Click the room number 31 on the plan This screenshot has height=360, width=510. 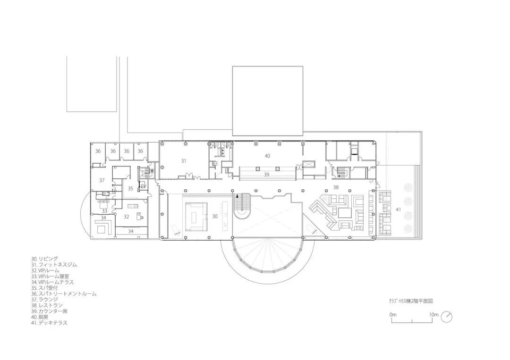click(184, 161)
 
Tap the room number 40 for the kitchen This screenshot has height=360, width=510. click(267, 155)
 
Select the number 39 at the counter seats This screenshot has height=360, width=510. click(266, 175)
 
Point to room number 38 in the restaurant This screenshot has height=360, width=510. click(336, 187)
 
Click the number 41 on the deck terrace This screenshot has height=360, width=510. click(399, 209)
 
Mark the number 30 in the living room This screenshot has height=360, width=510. click(215, 217)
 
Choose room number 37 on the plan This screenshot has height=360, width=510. click(102, 180)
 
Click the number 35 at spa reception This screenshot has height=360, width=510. click(131, 188)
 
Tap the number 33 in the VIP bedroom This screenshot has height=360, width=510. click(104, 211)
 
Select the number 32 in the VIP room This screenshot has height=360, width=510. click(127, 217)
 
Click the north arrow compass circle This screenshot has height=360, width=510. click(447, 317)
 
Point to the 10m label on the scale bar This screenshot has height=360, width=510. click(434, 314)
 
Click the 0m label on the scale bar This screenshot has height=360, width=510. click(393, 314)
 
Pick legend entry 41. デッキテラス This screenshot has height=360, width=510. click(49, 323)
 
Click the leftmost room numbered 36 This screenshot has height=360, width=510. click(98, 151)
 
